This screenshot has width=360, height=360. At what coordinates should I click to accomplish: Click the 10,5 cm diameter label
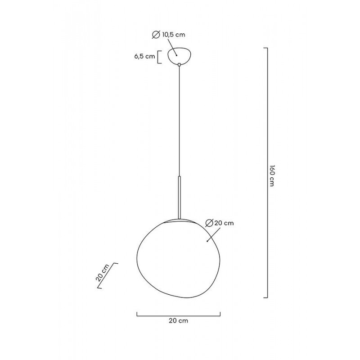tap(174, 35)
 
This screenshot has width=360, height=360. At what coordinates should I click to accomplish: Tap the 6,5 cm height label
tap(144, 56)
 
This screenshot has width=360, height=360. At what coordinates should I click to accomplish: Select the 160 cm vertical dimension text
tap(272, 175)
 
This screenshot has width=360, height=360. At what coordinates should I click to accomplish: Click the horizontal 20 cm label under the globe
tap(178, 321)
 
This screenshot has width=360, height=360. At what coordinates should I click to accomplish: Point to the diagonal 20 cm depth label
tap(103, 273)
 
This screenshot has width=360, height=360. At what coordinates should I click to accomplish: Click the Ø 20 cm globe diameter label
tap(220, 223)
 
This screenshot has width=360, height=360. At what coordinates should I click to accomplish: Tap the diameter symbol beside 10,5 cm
tap(156, 35)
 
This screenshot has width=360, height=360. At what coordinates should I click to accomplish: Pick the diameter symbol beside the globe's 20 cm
tap(209, 223)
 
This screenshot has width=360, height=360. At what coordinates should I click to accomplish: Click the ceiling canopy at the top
tap(179, 55)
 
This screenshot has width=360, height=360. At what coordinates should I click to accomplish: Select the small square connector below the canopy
tap(179, 65)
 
